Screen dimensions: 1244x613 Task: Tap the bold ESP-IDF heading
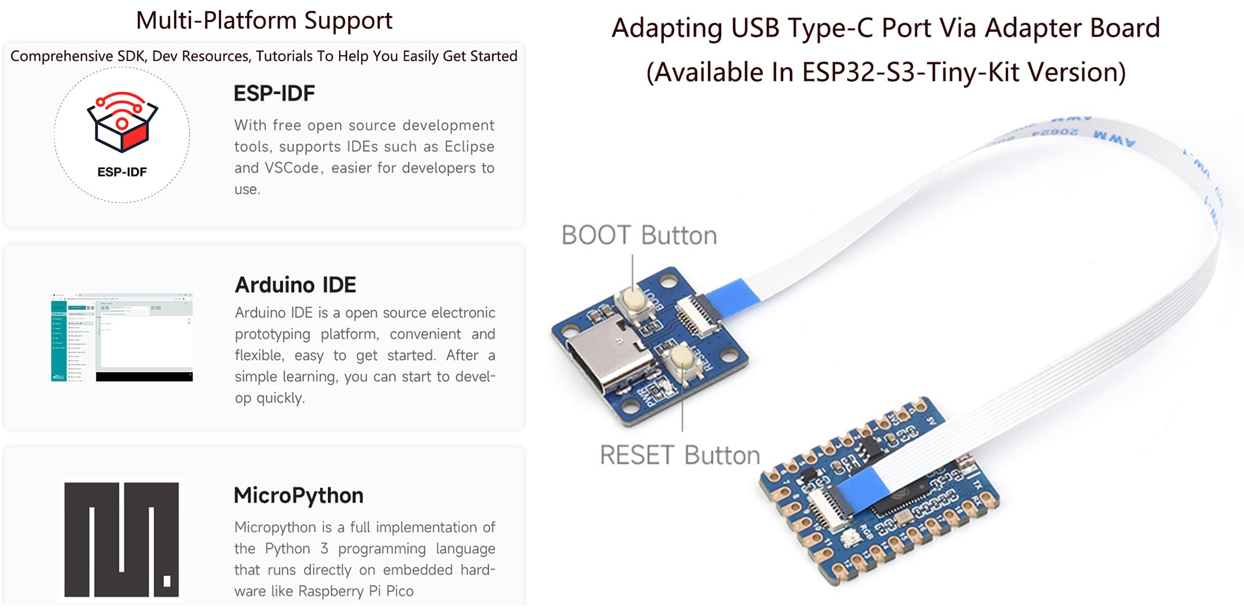pyautogui.click(x=274, y=94)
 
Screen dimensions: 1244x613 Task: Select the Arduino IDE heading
pyautogui.click(x=295, y=285)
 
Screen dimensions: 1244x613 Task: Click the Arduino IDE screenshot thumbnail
pyautogui.click(x=122, y=337)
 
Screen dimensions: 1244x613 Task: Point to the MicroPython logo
pyautogui.click(x=121, y=539)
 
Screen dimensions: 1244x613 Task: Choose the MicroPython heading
pyautogui.click(x=298, y=496)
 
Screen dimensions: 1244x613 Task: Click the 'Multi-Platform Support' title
pyautogui.click(x=264, y=21)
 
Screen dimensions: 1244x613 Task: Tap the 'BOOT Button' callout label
pyautogui.click(x=639, y=236)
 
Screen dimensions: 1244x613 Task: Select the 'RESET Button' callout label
pyautogui.click(x=679, y=455)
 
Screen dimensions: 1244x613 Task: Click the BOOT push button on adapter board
pyautogui.click(x=632, y=299)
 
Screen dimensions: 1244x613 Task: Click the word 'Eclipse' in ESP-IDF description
pyautogui.click(x=469, y=146)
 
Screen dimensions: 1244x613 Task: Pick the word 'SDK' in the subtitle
pyautogui.click(x=131, y=56)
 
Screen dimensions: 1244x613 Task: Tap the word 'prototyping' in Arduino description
pyautogui.click(x=272, y=334)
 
